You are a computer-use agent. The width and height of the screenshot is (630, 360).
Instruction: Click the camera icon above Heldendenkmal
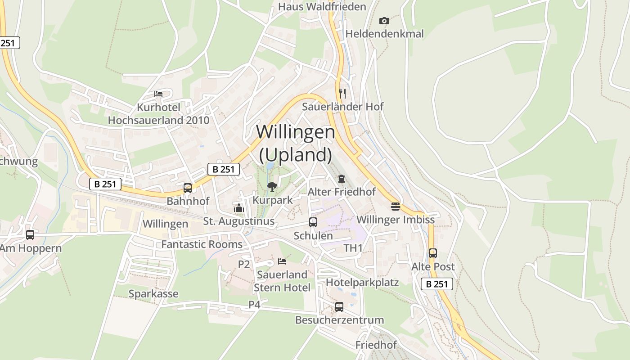[x=384, y=21]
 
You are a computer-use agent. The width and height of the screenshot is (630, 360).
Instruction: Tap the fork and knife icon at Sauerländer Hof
[x=342, y=93]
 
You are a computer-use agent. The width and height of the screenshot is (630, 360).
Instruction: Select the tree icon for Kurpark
[x=272, y=186]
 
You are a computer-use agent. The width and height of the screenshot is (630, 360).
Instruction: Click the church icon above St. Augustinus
[x=238, y=208]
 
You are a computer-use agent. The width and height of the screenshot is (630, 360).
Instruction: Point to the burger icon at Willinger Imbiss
[x=395, y=206]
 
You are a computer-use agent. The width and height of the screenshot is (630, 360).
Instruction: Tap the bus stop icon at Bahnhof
[x=188, y=188]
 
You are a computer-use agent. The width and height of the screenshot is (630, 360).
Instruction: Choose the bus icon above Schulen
[x=313, y=222]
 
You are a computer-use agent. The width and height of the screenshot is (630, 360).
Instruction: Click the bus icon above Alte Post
[x=432, y=253]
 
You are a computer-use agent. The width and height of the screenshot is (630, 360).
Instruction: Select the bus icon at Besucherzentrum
[x=339, y=307]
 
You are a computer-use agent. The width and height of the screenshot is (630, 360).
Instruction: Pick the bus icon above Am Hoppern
[x=30, y=234]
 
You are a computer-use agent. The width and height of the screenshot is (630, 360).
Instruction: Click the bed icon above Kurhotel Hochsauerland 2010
[x=158, y=94]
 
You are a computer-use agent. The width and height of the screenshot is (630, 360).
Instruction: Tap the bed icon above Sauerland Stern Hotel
[x=282, y=261]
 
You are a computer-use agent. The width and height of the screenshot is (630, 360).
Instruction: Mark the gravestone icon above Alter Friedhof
[x=342, y=179]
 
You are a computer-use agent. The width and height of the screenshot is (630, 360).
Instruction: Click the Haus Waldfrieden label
[x=322, y=7]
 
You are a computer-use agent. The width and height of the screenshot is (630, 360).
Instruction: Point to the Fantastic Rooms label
[x=202, y=244]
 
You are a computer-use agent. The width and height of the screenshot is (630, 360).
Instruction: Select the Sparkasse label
[x=153, y=294]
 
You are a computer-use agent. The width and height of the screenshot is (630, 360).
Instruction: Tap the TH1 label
[x=353, y=248]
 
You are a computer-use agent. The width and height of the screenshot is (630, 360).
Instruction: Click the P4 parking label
[x=254, y=305]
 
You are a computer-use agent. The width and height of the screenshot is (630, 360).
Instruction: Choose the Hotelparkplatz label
[x=362, y=283]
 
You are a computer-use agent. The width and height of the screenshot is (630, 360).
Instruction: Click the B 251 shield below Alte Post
[x=437, y=284]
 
